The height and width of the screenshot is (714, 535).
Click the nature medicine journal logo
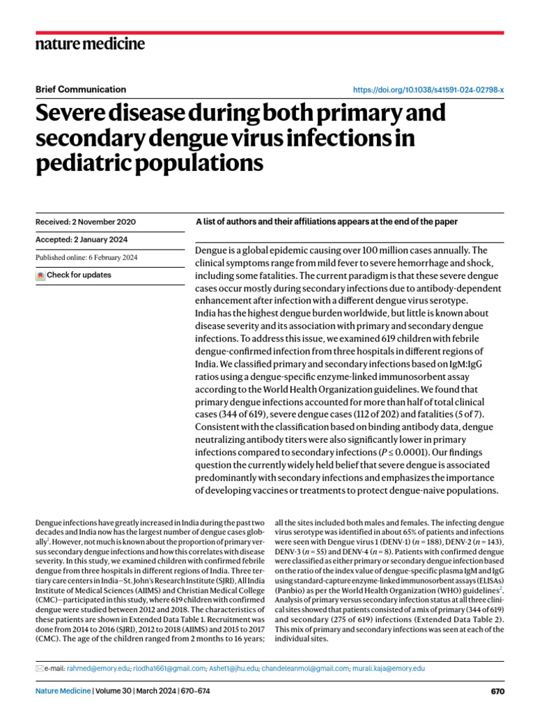click(x=90, y=44)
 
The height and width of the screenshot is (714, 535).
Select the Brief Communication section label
click(x=80, y=89)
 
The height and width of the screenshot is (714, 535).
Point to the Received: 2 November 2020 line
click(x=85, y=222)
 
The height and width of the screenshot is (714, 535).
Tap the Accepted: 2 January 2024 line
click(x=82, y=240)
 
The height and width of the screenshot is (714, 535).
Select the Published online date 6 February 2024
click(x=86, y=257)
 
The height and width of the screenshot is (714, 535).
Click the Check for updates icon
click(x=40, y=276)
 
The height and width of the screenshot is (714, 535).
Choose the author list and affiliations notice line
click(x=327, y=222)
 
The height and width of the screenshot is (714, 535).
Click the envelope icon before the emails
click(x=39, y=668)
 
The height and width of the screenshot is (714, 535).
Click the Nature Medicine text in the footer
click(x=63, y=692)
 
